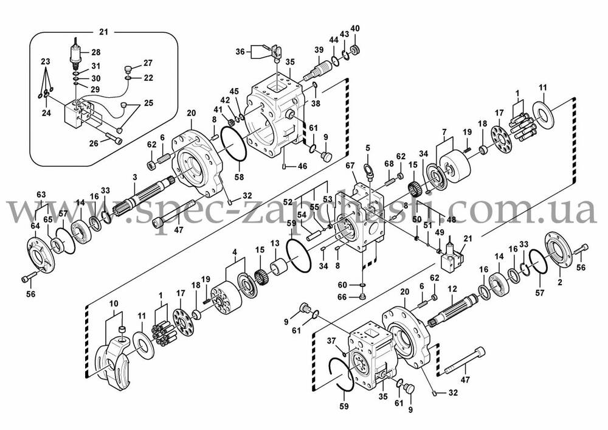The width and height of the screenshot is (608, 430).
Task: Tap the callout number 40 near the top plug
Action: pos(356,29)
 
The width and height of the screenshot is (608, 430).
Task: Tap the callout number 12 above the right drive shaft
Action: pos(452,288)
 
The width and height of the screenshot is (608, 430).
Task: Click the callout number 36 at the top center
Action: pos(240,52)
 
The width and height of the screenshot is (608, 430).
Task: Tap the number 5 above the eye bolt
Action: pos(367,147)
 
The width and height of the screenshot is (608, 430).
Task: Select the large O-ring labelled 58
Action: pos(233,145)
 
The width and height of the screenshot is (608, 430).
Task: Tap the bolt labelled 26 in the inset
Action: pos(113,139)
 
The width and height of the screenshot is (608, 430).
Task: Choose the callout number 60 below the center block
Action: pos(343,285)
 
